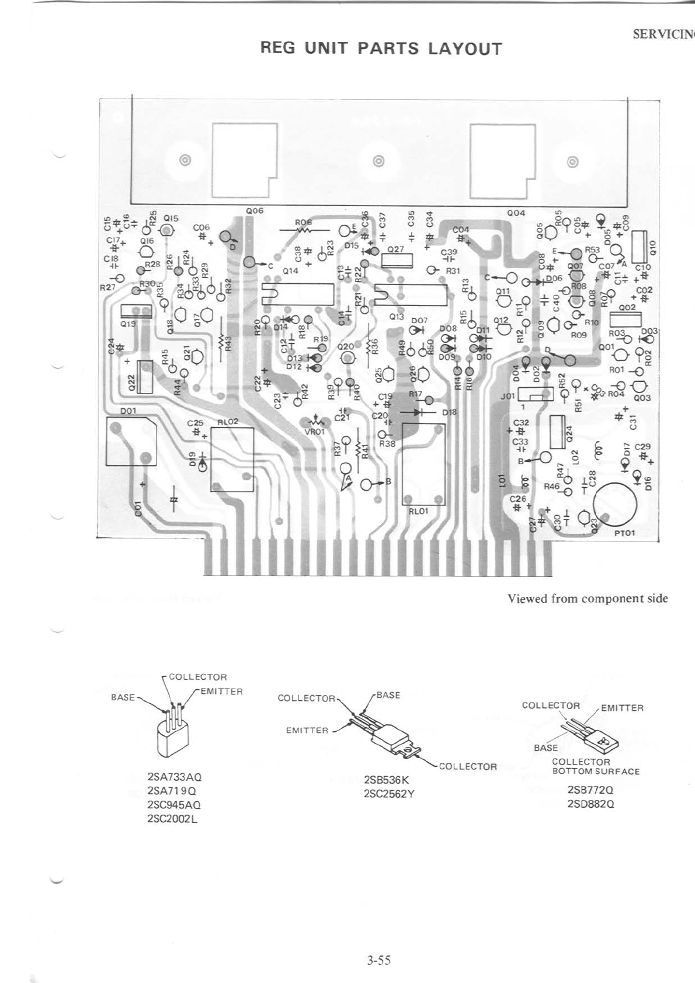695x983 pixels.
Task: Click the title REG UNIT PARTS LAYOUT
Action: pos(381,48)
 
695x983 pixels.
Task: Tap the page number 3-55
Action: pos(379,959)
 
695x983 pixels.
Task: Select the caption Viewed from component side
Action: pos(588,598)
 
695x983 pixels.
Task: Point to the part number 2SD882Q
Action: pos(590,804)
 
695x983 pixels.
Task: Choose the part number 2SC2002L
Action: pos(173,818)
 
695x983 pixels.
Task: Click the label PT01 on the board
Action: pos(624,533)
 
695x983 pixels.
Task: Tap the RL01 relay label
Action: pos(418,509)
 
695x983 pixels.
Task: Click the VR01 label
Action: pos(314,432)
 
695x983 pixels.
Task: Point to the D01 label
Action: pos(128,411)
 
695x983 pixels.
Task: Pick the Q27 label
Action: pos(396,248)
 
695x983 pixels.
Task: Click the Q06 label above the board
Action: pos(255,210)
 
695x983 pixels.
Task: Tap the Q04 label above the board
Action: pos(516,214)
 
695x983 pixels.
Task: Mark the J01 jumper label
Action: pos(507,395)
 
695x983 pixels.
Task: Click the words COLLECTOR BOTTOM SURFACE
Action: pos(596,766)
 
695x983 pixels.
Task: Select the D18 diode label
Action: pos(449,412)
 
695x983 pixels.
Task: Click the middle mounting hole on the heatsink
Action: pos(378,161)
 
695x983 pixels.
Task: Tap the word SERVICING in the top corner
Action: pos(663,34)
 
